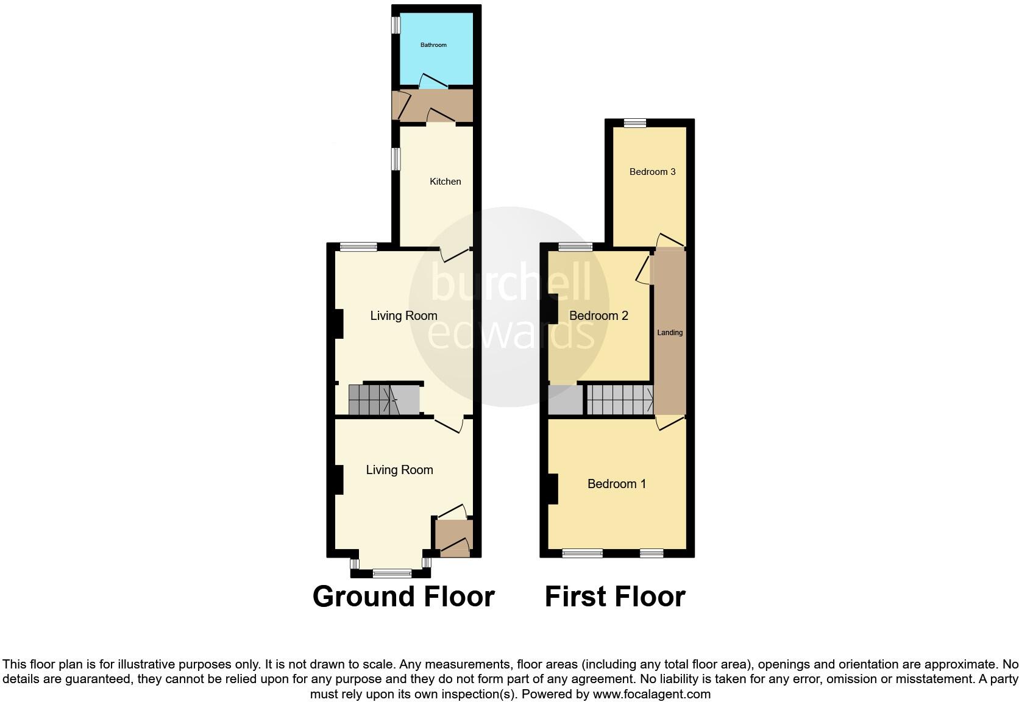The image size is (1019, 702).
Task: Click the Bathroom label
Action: pyautogui.click(x=433, y=45)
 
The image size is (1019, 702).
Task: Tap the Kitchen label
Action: pyautogui.click(x=446, y=182)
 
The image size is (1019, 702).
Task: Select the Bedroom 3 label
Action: pyautogui.click(x=652, y=172)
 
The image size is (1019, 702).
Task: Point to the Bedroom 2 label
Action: pyautogui.click(x=598, y=316)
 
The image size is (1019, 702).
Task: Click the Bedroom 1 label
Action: pyautogui.click(x=616, y=484)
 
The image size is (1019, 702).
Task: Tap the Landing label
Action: pyautogui.click(x=670, y=333)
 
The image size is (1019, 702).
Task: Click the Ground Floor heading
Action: pyautogui.click(x=403, y=597)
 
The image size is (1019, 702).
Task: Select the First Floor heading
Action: pyautogui.click(x=615, y=597)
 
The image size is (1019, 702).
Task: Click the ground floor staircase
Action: pyautogui.click(x=384, y=400)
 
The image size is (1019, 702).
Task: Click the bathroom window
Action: pyautogui.click(x=396, y=24)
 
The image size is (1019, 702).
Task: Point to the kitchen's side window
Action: pyautogui.click(x=396, y=159)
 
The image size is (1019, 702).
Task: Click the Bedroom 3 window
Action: pyautogui.click(x=634, y=123)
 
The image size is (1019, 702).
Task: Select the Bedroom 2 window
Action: pyautogui.click(x=576, y=247)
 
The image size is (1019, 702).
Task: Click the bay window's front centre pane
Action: pyautogui.click(x=392, y=573)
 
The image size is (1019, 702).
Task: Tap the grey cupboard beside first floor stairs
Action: pyautogui.click(x=566, y=400)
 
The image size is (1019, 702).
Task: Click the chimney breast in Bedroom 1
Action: pyautogui.click(x=553, y=489)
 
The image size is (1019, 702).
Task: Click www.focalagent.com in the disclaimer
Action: pyautogui.click(x=652, y=693)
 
